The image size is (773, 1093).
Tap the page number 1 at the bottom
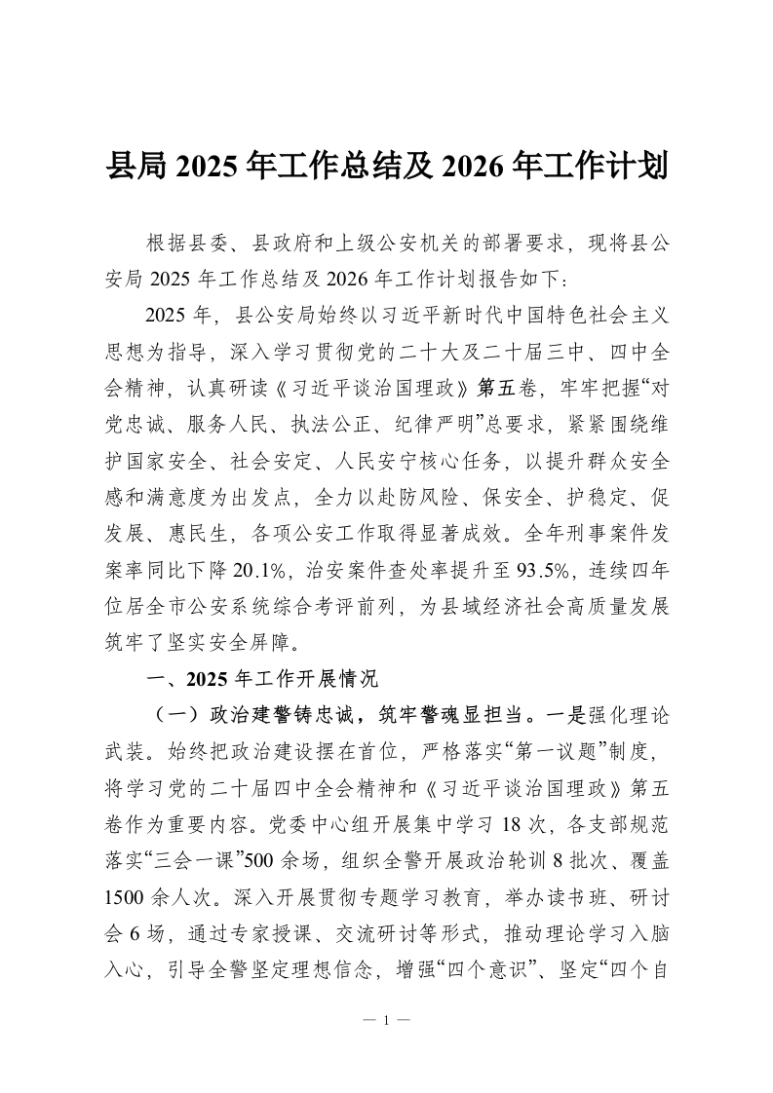click(387, 1021)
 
